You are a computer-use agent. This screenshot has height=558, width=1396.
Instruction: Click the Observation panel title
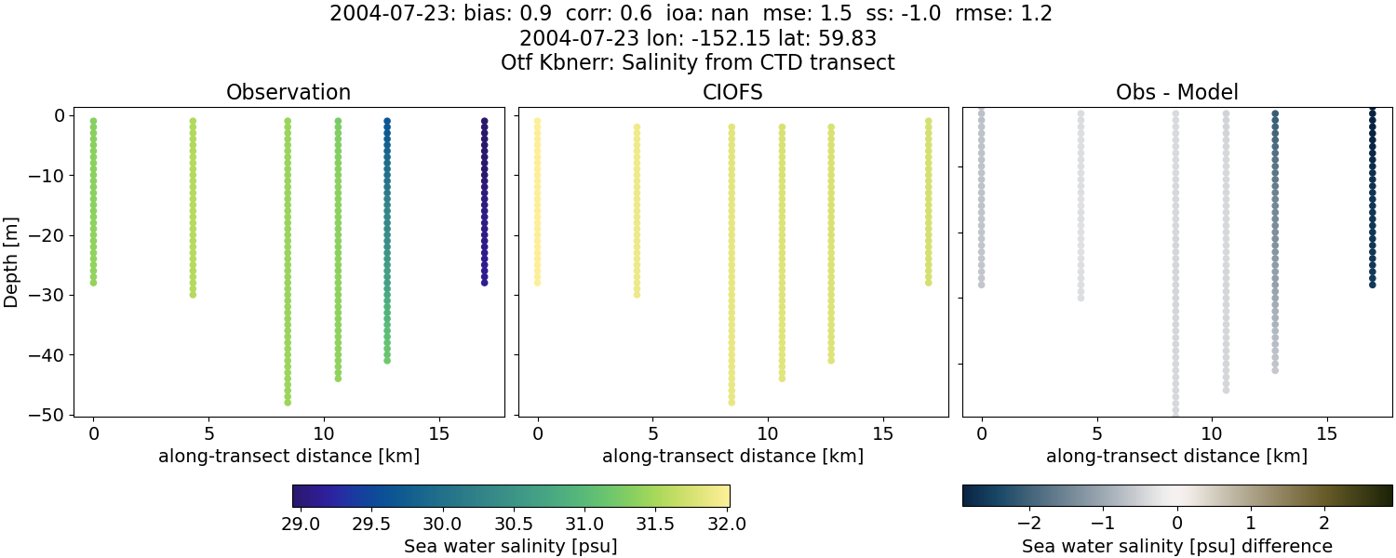[289, 93]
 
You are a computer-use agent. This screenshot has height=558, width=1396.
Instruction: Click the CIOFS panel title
[733, 93]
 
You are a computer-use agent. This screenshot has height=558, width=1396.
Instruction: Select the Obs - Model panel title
[1177, 93]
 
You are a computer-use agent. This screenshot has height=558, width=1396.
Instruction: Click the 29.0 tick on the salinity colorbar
[300, 524]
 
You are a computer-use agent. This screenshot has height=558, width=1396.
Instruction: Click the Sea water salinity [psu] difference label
[1177, 546]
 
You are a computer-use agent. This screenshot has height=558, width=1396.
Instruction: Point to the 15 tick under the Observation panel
[439, 433]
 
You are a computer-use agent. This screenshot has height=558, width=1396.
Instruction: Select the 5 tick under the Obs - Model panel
[1097, 433]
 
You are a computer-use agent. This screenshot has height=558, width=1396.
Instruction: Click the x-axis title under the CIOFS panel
[733, 457]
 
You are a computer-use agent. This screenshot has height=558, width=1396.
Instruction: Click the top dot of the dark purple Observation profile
[485, 121]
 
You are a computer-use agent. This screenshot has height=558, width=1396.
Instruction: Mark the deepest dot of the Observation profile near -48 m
[288, 402]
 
